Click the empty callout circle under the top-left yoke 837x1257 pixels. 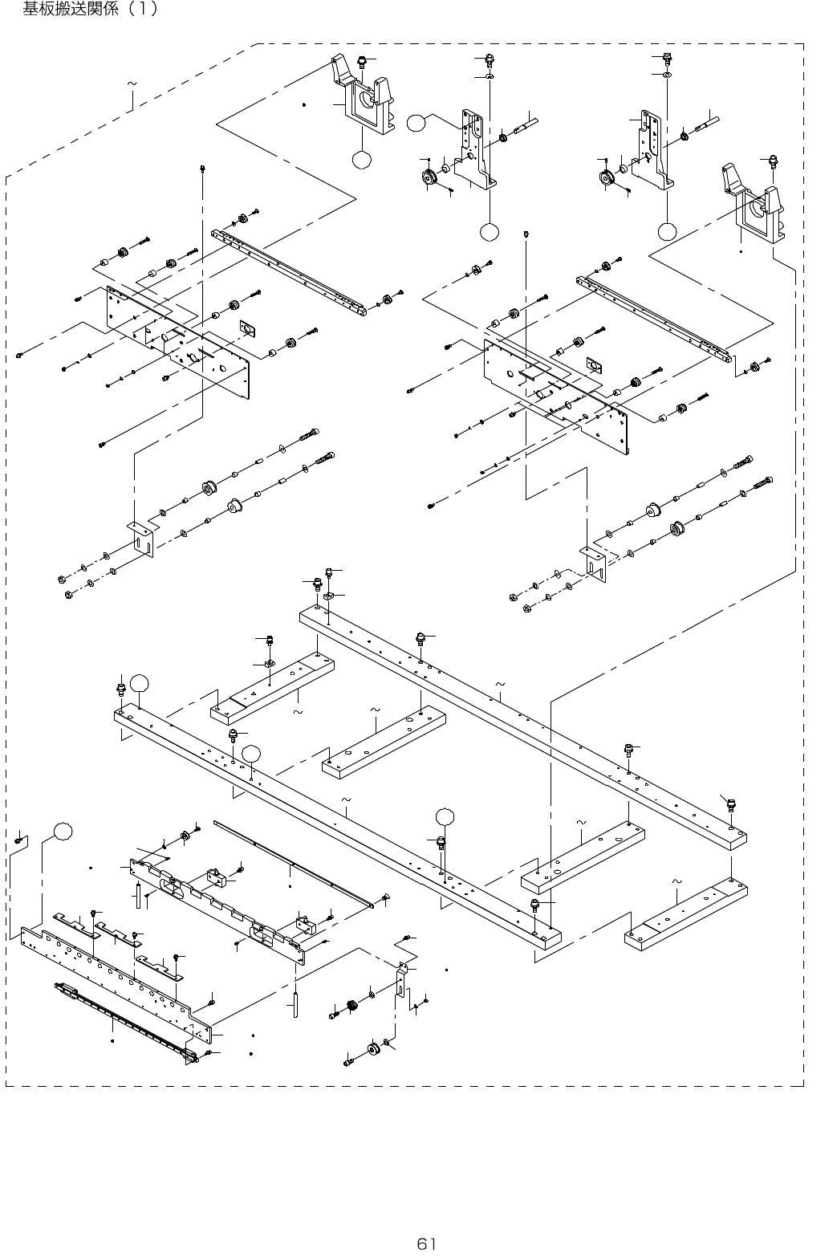362,160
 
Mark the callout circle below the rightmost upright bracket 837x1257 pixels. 667,231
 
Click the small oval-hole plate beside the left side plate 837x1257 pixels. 246,327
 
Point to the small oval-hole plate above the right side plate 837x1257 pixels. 594,365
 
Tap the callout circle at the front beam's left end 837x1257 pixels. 140,683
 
